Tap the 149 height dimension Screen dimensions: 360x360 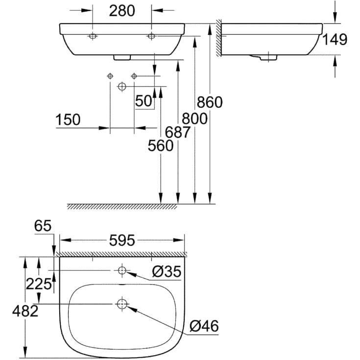pyautogui.click(x=335, y=39)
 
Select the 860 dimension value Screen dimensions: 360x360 pyautogui.click(x=210, y=102)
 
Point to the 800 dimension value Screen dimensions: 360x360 pyautogui.click(x=194, y=119)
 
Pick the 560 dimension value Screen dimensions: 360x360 pyautogui.click(x=160, y=145)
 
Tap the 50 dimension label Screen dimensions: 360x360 pyautogui.click(x=144, y=101)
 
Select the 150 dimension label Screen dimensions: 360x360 pyautogui.click(x=68, y=120)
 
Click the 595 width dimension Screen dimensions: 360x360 pyautogui.click(x=121, y=240)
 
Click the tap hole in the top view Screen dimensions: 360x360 pyautogui.click(x=121, y=270)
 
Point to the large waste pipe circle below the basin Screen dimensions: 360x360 pyautogui.click(x=122, y=87)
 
